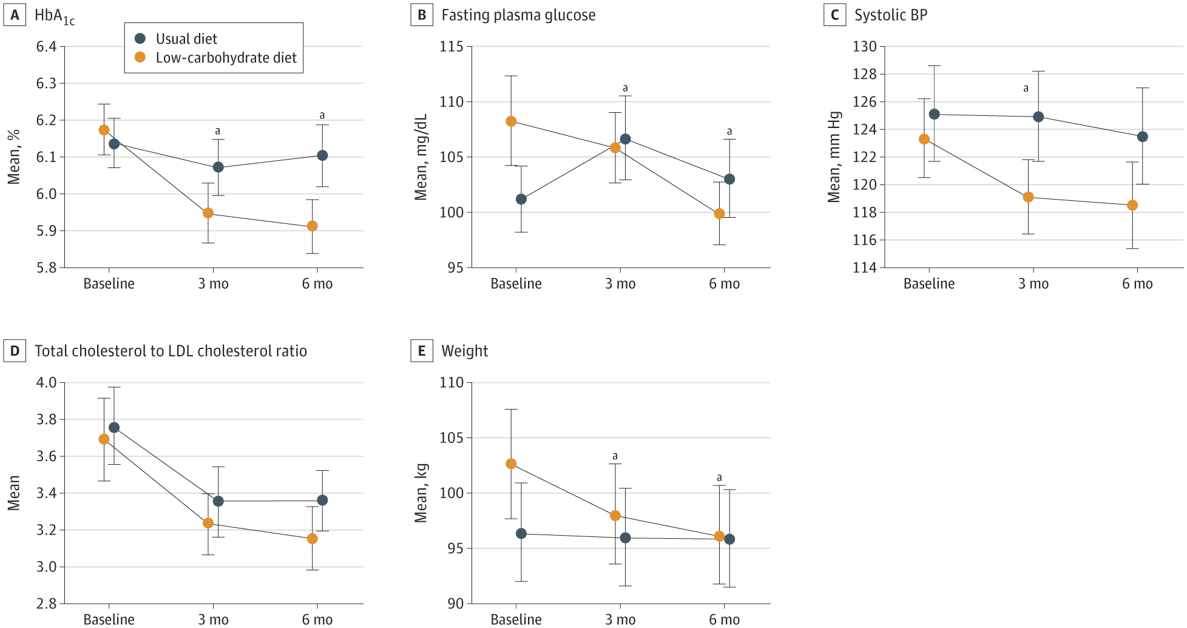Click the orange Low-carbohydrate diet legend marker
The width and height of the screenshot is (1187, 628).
(140, 57)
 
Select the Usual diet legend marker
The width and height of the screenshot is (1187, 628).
(140, 38)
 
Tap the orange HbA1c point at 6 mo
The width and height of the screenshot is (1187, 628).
(313, 226)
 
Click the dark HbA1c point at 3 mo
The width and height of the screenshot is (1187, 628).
(218, 167)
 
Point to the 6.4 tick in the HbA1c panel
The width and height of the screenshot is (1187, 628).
(47, 47)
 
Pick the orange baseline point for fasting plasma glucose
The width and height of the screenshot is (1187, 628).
(511, 121)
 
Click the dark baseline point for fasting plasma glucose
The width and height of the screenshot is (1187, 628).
(521, 199)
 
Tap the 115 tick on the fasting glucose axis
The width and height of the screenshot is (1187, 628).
(452, 47)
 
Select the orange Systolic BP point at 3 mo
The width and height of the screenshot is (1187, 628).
(1028, 197)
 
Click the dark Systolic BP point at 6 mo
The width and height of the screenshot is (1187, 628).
(1143, 137)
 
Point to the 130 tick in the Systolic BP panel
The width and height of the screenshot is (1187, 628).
(865, 47)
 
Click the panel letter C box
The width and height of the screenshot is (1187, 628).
(835, 15)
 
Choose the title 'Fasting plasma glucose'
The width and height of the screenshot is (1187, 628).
(519, 15)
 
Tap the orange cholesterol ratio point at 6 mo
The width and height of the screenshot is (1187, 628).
(313, 539)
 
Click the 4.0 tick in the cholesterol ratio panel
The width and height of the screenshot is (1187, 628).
(47, 383)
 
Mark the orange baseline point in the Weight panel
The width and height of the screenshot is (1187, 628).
(511, 464)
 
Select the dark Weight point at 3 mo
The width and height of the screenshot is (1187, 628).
(625, 538)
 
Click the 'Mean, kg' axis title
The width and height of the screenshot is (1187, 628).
(421, 493)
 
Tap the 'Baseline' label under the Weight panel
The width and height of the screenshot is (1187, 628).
(516, 620)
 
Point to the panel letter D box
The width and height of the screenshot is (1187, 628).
(15, 351)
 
